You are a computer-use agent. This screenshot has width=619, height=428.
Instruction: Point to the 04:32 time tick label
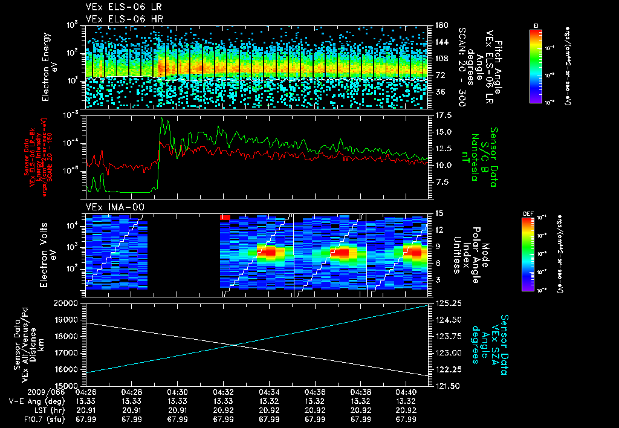click(224, 391)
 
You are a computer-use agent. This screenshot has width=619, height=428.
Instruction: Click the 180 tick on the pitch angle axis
click(440, 25)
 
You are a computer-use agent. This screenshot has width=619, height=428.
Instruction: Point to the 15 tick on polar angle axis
click(439, 213)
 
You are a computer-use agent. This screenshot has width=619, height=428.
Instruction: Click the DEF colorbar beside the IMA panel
click(527, 254)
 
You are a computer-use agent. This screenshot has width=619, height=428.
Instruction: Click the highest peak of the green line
click(161, 119)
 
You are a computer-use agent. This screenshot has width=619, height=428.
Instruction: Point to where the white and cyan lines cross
click(234, 345)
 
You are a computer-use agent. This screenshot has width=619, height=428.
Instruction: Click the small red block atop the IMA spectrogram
click(225, 216)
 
